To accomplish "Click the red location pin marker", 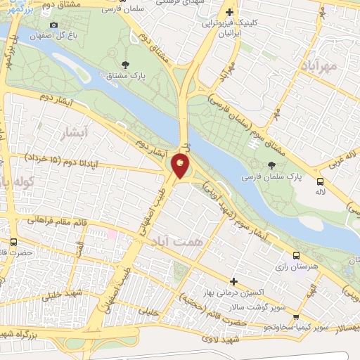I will point(181,166).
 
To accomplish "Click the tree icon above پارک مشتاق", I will point(125,65).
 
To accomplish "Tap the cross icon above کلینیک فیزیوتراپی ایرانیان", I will point(229,13).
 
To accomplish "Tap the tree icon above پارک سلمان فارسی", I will point(271,165).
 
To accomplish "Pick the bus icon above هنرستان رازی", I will point(295,256).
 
